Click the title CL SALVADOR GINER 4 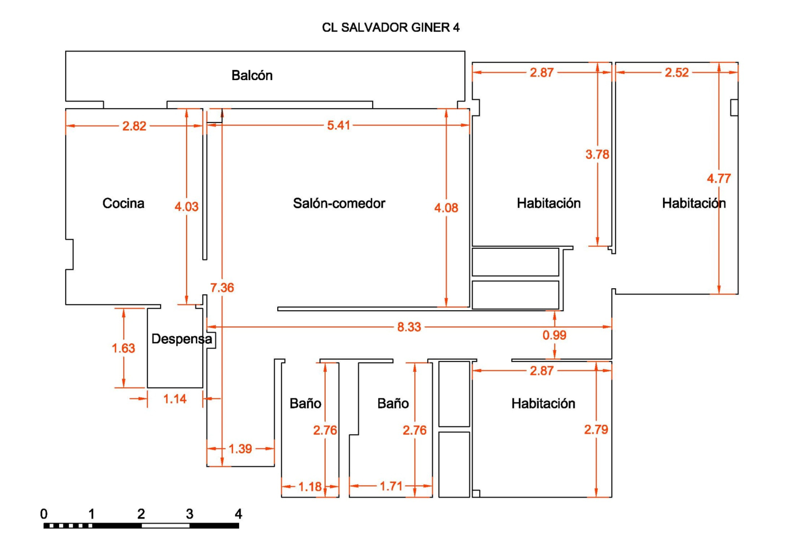pyautogui.click(x=391, y=28)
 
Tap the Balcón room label pyautogui.click(x=252, y=75)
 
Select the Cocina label pyautogui.click(x=123, y=204)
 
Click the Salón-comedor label pyautogui.click(x=339, y=204)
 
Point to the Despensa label pyautogui.click(x=181, y=339)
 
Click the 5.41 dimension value pyautogui.click(x=338, y=125)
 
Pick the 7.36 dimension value pyautogui.click(x=222, y=288)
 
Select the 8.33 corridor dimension pyautogui.click(x=409, y=327)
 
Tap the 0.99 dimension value pyautogui.click(x=555, y=335)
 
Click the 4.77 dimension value pyautogui.click(x=719, y=179)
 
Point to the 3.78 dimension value pyautogui.click(x=597, y=154)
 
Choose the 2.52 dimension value pyautogui.click(x=677, y=72)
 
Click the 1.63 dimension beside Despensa pyautogui.click(x=123, y=348)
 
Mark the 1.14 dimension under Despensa pyautogui.click(x=175, y=399)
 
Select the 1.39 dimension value pyautogui.click(x=240, y=449)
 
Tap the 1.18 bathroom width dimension pyautogui.click(x=310, y=487)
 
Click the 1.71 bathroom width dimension pyautogui.click(x=391, y=486)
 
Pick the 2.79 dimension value pyautogui.click(x=596, y=429)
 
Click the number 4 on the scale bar pyautogui.click(x=239, y=514)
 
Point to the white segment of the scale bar pyautogui.click(x=166, y=526)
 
